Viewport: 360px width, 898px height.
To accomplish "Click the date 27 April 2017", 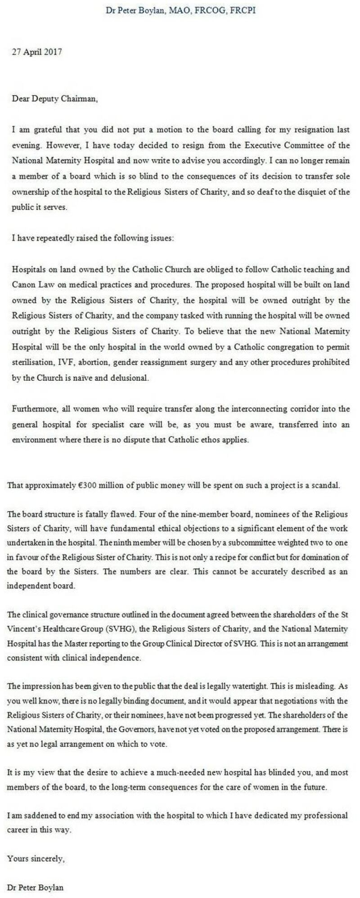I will coord(37,52).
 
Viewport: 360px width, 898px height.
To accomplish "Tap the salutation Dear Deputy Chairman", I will coord(54,99).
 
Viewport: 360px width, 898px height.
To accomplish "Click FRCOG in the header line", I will coord(210,10).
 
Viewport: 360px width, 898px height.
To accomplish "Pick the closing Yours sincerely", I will coord(36,858).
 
